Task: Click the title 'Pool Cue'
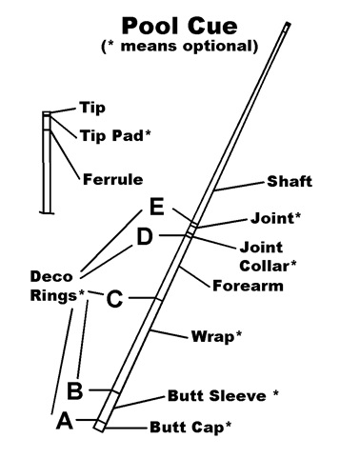click(180, 26)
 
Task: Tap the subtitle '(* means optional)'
click(180, 46)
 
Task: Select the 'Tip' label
click(92, 108)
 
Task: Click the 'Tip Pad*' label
click(115, 135)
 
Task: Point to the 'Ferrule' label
click(112, 179)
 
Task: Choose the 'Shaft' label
click(290, 181)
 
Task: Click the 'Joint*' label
click(275, 218)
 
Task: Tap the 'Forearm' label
click(248, 286)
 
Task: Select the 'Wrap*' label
click(216, 336)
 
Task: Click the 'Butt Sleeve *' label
click(223, 395)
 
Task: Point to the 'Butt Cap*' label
click(190, 427)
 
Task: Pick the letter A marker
click(65, 421)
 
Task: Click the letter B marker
click(75, 390)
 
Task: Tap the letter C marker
click(114, 298)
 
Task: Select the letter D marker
click(145, 236)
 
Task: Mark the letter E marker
click(157, 207)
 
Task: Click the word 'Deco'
click(51, 276)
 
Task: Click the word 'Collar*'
click(268, 266)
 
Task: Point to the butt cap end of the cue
click(100, 426)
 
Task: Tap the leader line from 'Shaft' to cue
click(239, 187)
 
